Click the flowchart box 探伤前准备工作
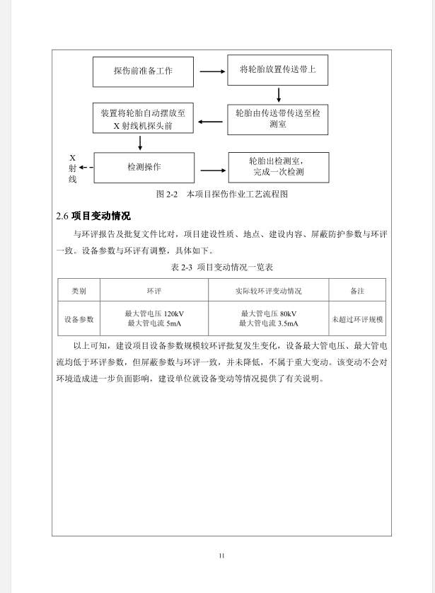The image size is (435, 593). [x=143, y=71]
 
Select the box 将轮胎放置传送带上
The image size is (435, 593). [x=278, y=70]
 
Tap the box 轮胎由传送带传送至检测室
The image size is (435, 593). [x=278, y=118]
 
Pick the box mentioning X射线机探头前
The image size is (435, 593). [x=143, y=119]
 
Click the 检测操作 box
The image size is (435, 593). [x=144, y=167]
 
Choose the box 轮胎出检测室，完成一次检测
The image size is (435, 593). [x=278, y=167]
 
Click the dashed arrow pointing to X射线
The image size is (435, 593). [x=86, y=168]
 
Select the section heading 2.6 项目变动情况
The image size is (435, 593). [x=93, y=216]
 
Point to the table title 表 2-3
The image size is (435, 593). [x=221, y=267]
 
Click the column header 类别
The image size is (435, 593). [x=79, y=290]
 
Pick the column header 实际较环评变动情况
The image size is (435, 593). [x=268, y=290]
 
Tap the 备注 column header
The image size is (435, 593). [x=357, y=290]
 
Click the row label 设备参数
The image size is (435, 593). [x=79, y=319]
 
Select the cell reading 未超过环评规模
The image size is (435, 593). [x=357, y=319]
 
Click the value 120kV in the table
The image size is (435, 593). [x=173, y=313]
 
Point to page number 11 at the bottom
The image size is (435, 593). [x=221, y=555]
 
